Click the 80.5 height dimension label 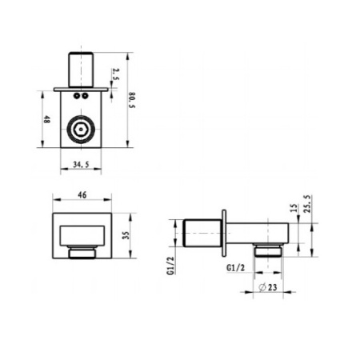(x=132, y=100)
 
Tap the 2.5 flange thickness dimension (x=115, y=74)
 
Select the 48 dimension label (x=46, y=119)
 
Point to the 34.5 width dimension (x=81, y=165)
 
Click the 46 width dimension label (x=82, y=195)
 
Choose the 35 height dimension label (x=126, y=235)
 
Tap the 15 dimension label (x=293, y=207)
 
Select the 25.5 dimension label (x=307, y=204)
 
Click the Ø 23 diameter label (x=268, y=287)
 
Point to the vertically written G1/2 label (x=170, y=266)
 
